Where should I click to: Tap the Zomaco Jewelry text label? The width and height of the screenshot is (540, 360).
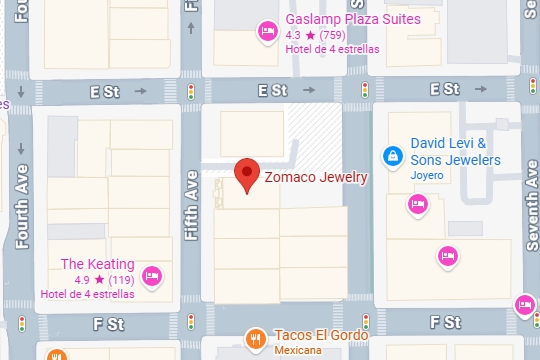[x=316, y=178]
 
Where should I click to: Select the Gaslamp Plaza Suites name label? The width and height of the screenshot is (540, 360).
[x=352, y=19]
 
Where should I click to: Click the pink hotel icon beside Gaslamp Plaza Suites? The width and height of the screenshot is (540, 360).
[x=267, y=31]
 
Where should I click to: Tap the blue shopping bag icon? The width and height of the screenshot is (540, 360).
[x=393, y=156]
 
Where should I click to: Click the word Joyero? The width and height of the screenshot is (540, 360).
[x=426, y=176]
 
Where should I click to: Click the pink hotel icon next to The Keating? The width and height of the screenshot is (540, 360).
[x=151, y=275]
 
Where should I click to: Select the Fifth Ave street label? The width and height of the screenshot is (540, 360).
[x=191, y=206]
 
